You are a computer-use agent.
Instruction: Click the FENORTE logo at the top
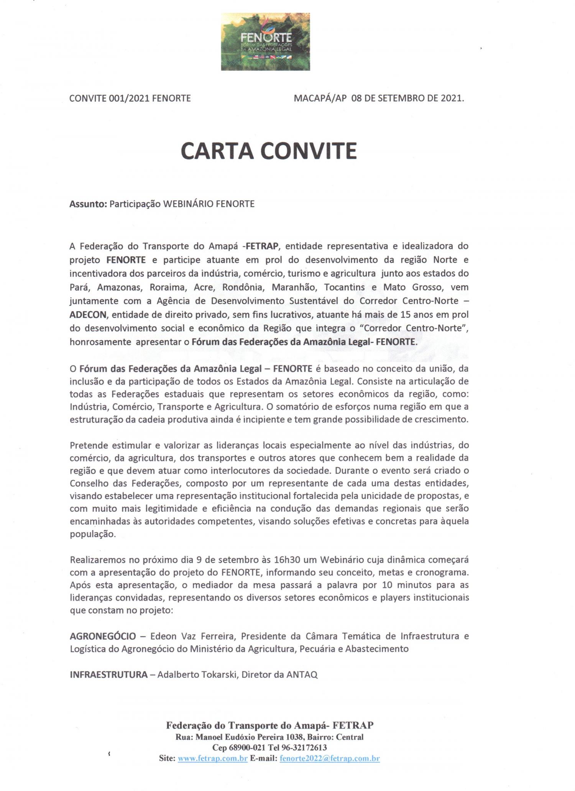266,41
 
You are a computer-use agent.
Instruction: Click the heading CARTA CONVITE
269,151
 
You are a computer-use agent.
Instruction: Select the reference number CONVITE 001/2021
110,98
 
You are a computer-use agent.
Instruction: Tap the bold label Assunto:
88,204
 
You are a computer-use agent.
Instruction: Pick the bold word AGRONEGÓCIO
103,636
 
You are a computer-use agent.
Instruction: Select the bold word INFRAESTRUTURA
108,674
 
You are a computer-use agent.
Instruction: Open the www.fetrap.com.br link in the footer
213,758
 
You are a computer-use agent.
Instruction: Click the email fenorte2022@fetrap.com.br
330,758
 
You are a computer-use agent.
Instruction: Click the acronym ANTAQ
302,674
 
